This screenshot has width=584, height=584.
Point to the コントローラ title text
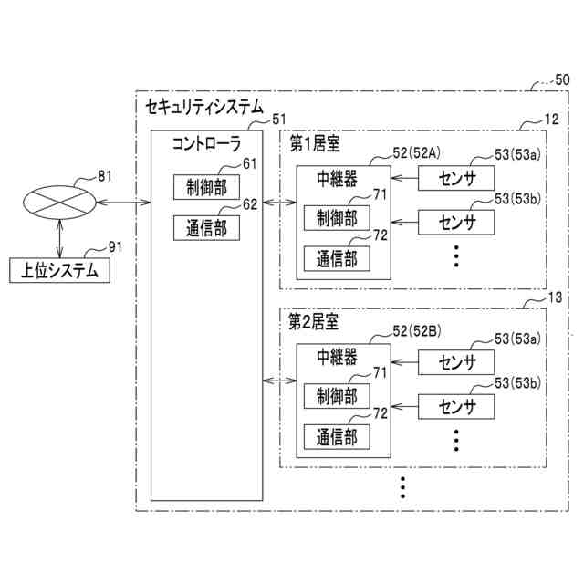207,143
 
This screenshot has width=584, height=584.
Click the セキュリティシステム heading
203,107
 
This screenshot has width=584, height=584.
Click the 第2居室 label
314,322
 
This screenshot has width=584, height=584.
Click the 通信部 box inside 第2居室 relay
337,436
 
